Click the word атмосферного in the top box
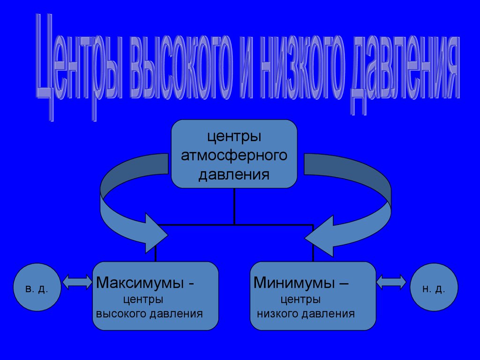234,156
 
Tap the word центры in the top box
234,137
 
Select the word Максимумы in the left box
140,283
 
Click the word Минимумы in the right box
294,283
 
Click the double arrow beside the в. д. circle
77,281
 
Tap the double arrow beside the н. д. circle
391,281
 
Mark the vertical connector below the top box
234,206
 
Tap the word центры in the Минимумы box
300,299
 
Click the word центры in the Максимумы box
143,299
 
